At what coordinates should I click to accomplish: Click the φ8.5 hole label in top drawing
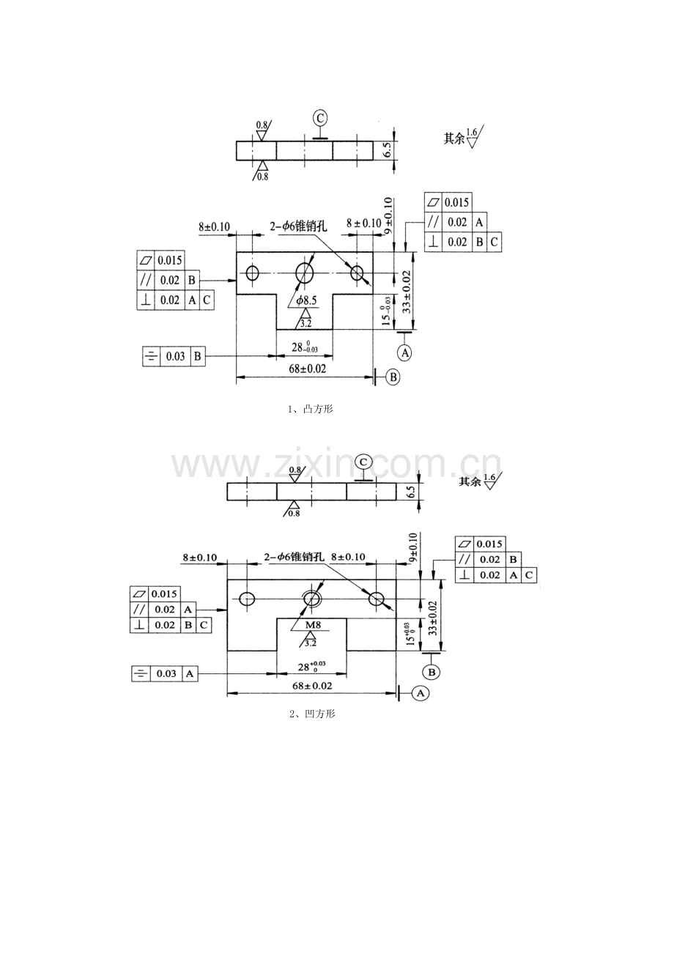click(x=307, y=300)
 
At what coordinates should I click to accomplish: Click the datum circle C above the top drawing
click(x=320, y=118)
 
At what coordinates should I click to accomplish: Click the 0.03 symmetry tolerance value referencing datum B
click(x=174, y=357)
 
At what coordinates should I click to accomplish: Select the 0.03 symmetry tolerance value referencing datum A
click(x=166, y=673)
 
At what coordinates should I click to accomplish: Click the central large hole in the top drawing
click(x=305, y=273)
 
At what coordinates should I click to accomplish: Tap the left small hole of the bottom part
click(x=248, y=599)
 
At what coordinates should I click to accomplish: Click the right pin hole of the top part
click(x=357, y=273)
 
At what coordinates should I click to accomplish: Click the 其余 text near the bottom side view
click(x=470, y=481)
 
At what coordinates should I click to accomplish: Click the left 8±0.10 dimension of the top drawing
click(x=215, y=227)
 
